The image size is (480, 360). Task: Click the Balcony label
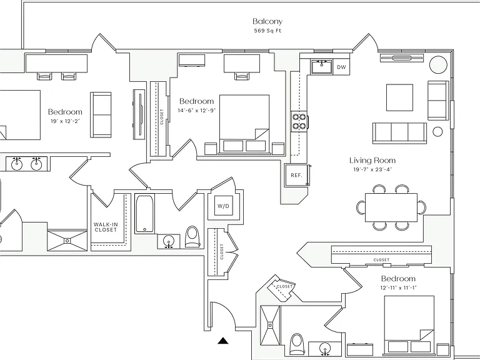(267, 21)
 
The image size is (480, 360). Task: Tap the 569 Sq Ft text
(267, 31)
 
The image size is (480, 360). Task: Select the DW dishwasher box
(341, 67)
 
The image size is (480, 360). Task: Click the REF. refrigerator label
(296, 176)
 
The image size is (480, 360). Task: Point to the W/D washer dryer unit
(223, 206)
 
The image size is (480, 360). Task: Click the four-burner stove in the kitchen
(299, 121)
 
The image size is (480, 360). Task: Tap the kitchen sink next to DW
(321, 67)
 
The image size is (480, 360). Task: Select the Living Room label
(372, 161)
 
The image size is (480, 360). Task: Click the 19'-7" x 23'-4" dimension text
(372, 169)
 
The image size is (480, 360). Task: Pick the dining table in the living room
(391, 207)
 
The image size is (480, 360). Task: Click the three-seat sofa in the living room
(399, 133)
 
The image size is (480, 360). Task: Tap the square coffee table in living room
(399, 97)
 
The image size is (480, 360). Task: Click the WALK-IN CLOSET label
(106, 227)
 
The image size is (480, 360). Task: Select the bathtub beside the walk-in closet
(144, 214)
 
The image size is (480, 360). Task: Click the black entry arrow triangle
(223, 341)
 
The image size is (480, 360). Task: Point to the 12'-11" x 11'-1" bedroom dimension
(398, 287)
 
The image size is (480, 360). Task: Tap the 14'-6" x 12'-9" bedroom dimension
(197, 110)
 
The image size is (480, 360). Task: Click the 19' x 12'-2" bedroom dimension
(65, 121)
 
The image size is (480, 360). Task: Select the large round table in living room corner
(438, 64)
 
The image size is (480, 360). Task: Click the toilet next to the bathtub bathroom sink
(192, 236)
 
